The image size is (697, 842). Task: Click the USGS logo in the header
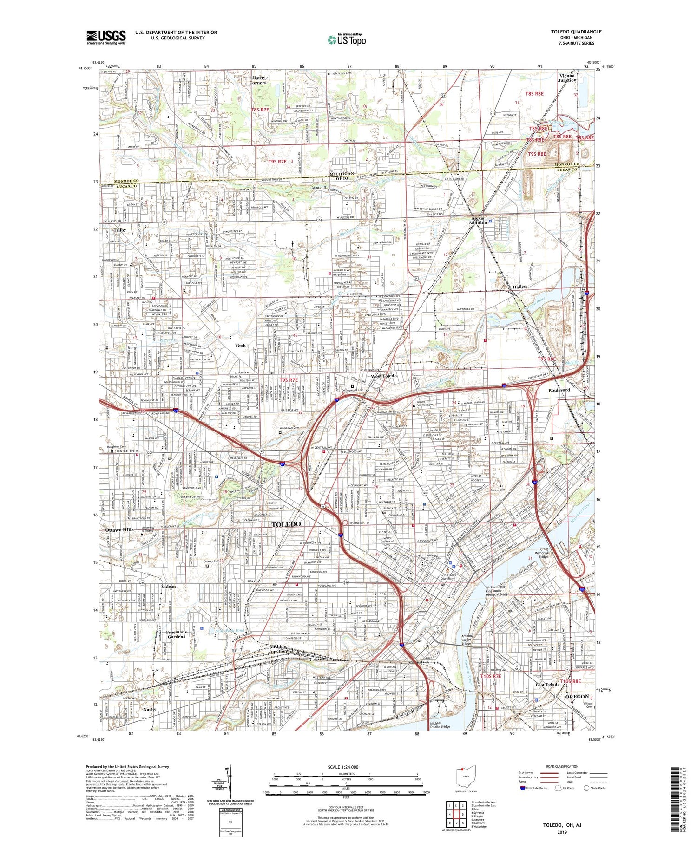[x=106, y=37]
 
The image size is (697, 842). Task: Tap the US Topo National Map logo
[x=346, y=39]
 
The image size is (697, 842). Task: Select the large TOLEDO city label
[x=286, y=524]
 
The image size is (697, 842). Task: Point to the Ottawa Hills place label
[x=119, y=529]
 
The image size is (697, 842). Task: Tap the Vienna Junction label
[x=567, y=78]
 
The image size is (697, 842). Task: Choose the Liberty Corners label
[x=258, y=80]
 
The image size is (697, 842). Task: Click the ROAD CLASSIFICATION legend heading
[x=562, y=766]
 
